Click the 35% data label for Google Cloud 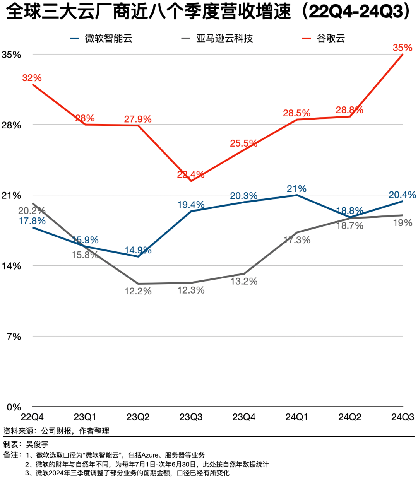pyautogui.click(x=402, y=48)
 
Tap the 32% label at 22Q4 pyautogui.click(x=32, y=78)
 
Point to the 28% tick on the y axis pyautogui.click(x=11, y=125)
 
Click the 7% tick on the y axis pyautogui.click(x=14, y=337)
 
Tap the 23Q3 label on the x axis pyautogui.click(x=191, y=417)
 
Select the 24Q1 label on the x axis pyautogui.click(x=296, y=417)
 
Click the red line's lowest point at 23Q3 pyautogui.click(x=191, y=181)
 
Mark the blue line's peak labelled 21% pyautogui.click(x=297, y=195)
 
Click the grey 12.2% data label pyautogui.click(x=138, y=291)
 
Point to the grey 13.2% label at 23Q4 pyautogui.click(x=244, y=281)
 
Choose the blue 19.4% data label pyautogui.click(x=191, y=205)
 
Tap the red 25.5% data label pyautogui.click(x=243, y=143)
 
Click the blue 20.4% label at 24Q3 pyautogui.click(x=402, y=195)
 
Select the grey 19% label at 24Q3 pyautogui.click(x=403, y=223)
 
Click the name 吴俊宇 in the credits pyautogui.click(x=37, y=444)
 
